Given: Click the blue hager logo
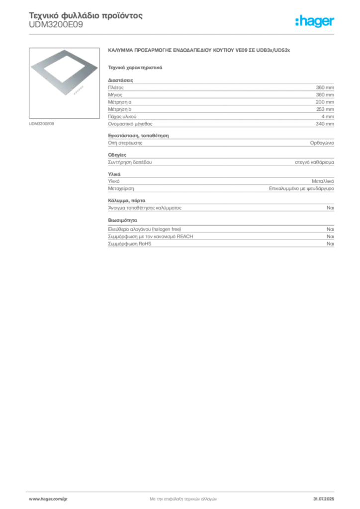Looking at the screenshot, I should click(x=315, y=22).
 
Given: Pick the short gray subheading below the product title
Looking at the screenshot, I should click(x=135, y=67).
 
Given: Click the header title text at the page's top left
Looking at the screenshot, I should click(x=85, y=17).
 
